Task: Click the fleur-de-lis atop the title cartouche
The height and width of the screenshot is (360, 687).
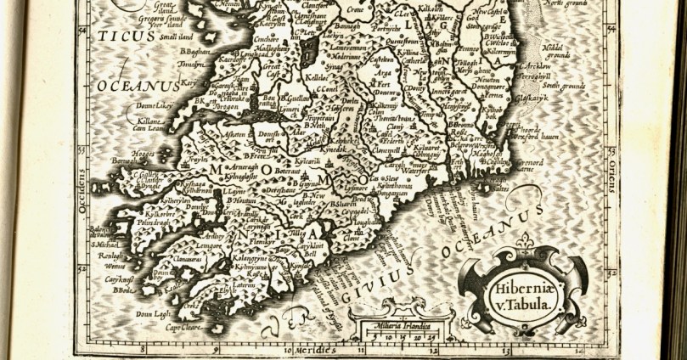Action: (529, 250)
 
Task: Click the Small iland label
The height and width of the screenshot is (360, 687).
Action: (168, 36)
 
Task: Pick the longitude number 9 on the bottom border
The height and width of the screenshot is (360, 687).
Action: (216, 348)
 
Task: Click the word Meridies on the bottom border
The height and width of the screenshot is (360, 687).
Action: (318, 348)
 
